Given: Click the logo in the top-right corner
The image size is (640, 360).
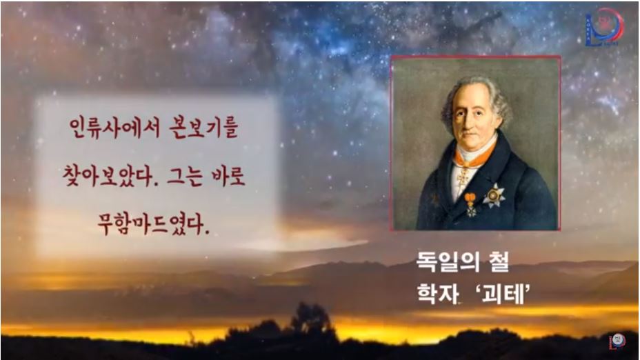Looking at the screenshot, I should tap(603, 28).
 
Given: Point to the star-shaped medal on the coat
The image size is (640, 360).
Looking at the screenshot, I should tap(493, 196).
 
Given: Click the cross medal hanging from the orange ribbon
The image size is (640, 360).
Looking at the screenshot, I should tap(470, 207).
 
